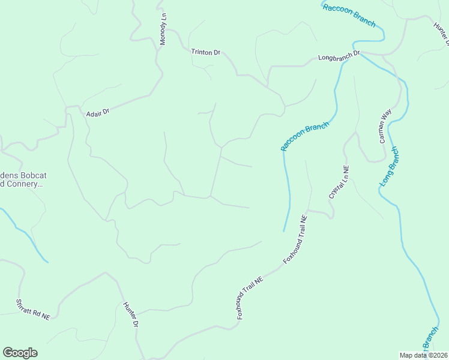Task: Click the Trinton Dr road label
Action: pos(206,52)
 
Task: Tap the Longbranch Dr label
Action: pos(339,56)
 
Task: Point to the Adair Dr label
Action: pos(98,112)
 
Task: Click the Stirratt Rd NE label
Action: pos(33,310)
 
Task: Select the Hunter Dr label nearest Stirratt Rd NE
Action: pos(131,314)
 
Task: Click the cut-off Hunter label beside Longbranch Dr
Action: pos(441,33)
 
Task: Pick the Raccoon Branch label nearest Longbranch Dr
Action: pos(349,15)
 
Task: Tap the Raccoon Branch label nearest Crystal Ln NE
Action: pos(305,137)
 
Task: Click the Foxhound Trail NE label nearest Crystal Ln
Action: pos(295,239)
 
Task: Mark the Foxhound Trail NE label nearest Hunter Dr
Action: pos(250,297)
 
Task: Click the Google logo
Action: pos(20,353)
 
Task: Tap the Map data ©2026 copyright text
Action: pos(423,355)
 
